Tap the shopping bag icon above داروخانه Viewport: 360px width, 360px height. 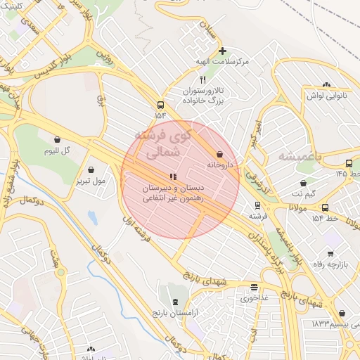point(220,154)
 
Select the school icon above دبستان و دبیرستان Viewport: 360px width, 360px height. point(173,177)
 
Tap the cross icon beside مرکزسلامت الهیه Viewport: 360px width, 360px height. point(223,51)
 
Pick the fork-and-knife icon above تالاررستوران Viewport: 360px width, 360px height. point(203,80)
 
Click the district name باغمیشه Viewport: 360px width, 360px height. point(300,155)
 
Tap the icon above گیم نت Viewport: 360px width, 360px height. point(303,183)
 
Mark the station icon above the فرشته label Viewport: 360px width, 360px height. point(258,206)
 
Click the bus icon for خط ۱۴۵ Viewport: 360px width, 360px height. point(349,163)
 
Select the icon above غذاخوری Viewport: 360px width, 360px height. point(254,288)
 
